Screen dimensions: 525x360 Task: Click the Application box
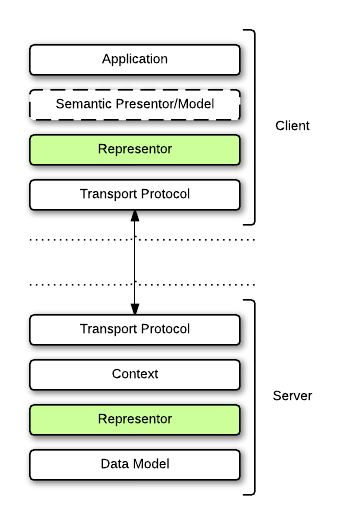(x=135, y=59)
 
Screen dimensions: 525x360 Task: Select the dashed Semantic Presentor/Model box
(x=135, y=104)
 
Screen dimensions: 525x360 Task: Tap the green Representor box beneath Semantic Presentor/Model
(x=135, y=150)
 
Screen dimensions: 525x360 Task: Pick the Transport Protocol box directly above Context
(x=135, y=329)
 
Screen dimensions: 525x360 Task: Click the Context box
(x=135, y=374)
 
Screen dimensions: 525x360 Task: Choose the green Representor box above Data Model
(x=135, y=419)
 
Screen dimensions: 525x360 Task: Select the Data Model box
(x=135, y=464)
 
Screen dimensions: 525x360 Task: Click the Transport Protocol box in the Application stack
(x=135, y=194)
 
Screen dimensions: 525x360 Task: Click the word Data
(x=115, y=464)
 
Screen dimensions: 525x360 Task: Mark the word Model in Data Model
(x=151, y=464)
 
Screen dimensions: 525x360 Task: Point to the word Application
(x=135, y=59)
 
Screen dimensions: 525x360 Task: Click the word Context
(x=135, y=374)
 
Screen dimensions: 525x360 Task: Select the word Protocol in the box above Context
(x=165, y=329)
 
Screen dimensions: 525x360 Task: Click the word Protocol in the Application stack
(x=165, y=194)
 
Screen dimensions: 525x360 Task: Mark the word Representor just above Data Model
(x=135, y=419)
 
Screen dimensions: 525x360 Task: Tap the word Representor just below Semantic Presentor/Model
(x=135, y=150)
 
